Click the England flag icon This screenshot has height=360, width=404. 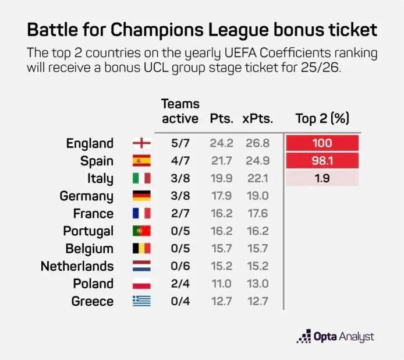click(141, 143)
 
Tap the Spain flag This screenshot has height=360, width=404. click(141, 161)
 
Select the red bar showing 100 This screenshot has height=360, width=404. click(322, 143)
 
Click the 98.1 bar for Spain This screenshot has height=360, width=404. click(322, 161)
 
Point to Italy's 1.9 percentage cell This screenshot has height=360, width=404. click(322, 178)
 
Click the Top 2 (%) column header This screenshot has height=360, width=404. click(322, 118)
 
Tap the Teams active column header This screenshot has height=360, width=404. click(180, 111)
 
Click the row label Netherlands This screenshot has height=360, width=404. click(77, 266)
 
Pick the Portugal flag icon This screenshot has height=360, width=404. click(141, 231)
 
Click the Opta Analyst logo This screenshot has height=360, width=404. click(335, 337)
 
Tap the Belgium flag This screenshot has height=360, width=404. click(141, 249)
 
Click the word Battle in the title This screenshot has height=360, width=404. click(52, 30)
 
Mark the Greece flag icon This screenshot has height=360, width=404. click(141, 301)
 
